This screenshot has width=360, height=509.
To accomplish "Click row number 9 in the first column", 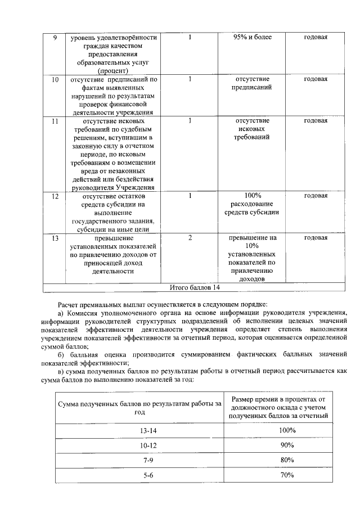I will click(x=55, y=37).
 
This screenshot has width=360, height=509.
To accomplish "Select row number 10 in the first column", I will click(x=55, y=79).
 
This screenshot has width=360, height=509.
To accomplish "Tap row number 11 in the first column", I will click(x=55, y=120).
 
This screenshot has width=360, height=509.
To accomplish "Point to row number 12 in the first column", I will click(x=55, y=196).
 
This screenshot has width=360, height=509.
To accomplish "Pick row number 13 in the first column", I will click(x=55, y=238).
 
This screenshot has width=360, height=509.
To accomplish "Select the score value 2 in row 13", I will click(x=191, y=238).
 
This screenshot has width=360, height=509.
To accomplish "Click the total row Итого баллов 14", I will click(x=195, y=287).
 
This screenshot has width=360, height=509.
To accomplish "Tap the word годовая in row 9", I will click(x=316, y=37).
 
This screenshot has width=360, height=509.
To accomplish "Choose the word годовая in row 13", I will click(x=316, y=238).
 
